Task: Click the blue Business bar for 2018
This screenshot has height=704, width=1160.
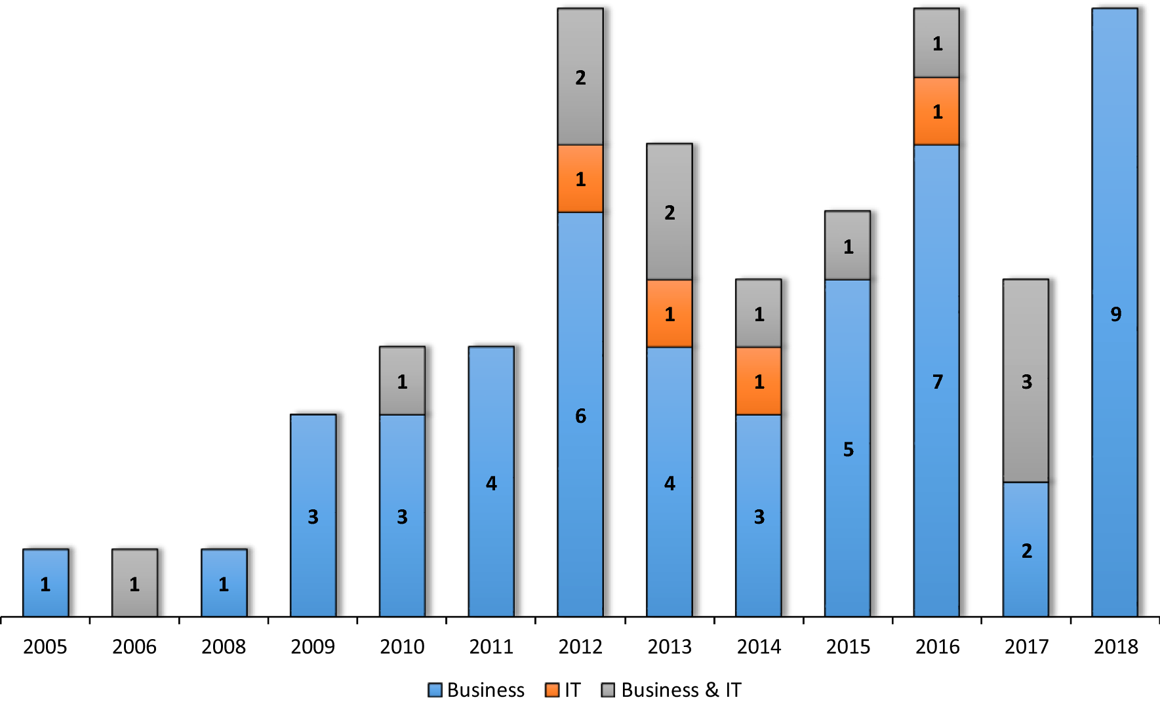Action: coord(1115,312)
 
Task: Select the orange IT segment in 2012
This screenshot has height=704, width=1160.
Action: coord(580,178)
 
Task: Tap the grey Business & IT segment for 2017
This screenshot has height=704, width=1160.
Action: coord(1026,381)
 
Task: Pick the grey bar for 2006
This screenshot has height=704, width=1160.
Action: coord(134,583)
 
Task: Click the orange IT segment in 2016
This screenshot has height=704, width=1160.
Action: coord(936,111)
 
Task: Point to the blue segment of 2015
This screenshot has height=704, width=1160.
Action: coord(847,448)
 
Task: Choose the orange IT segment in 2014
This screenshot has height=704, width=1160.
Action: coord(759,381)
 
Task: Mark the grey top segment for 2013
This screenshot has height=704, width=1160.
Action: coord(670,212)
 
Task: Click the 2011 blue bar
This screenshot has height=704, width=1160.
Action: coord(491,482)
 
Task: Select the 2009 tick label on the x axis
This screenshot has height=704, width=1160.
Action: coord(313,647)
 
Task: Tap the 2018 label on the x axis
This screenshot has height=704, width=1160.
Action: coord(1115,647)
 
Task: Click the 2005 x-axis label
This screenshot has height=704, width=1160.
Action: coord(45,647)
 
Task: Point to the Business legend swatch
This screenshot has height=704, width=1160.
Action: coord(435,690)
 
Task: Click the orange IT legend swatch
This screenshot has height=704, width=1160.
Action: coord(552,690)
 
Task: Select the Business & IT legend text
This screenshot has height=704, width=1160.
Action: coord(681,690)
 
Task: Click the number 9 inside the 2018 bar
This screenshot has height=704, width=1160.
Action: coord(1115,315)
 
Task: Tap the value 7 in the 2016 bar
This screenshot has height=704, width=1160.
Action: coord(937,381)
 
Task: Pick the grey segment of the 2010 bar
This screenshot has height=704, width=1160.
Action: coord(402,381)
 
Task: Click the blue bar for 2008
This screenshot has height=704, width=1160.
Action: coord(224,583)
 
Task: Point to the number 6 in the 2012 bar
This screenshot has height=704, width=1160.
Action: coord(580,416)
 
